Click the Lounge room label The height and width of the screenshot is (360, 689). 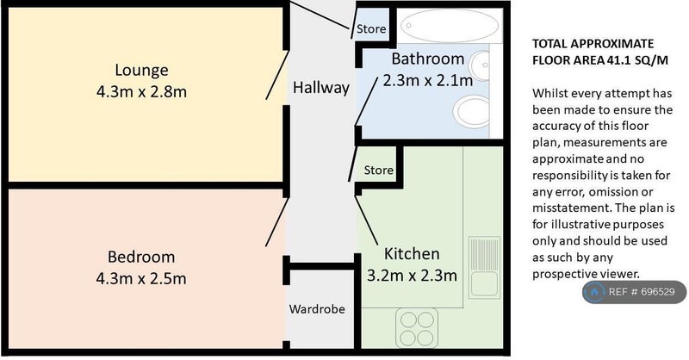(141, 71)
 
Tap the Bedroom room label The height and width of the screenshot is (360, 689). (141, 257)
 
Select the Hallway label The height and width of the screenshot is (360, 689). (321, 88)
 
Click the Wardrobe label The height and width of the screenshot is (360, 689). (317, 309)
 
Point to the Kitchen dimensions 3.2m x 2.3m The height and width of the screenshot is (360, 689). (412, 276)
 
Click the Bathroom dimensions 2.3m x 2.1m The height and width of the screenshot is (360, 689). (427, 80)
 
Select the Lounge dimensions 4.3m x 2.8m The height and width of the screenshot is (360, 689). (141, 92)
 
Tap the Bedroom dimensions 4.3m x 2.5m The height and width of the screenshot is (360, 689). (141, 279)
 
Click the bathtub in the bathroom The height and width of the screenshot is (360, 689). (450, 26)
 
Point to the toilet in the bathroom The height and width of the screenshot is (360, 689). (471, 112)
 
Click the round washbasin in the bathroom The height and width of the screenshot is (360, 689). (479, 66)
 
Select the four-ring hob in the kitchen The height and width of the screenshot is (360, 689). (417, 328)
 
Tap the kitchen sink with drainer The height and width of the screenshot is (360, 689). (484, 268)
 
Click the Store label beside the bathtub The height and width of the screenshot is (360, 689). (371, 29)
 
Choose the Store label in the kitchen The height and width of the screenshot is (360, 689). (378, 171)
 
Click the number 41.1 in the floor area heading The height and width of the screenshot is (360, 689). (619, 60)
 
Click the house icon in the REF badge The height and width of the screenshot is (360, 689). (594, 292)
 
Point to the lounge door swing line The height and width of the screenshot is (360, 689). (277, 75)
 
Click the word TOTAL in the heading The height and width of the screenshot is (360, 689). (549, 44)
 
